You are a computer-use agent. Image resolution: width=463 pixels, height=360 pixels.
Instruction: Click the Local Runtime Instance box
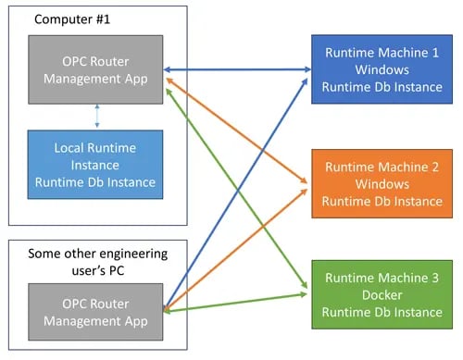point(95,164)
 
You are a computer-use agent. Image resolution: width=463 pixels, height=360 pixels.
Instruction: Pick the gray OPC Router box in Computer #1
point(95,69)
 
